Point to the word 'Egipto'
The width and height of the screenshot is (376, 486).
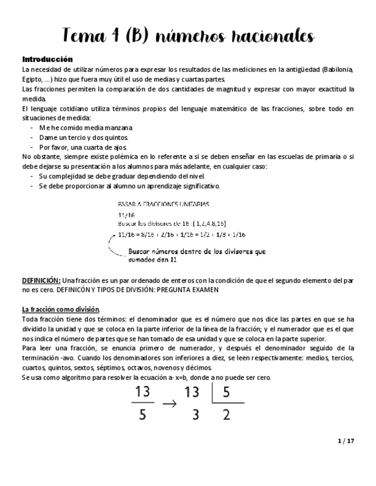[x=32, y=79]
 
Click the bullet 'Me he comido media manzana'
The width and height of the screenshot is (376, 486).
[x=86, y=127]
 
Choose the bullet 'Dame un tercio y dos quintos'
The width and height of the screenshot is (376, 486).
[x=84, y=137]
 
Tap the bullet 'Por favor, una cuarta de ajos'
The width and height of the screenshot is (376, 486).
[x=83, y=147]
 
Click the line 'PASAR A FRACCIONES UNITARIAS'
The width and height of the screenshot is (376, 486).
[x=163, y=205]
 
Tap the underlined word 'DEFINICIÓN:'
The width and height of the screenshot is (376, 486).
[x=41, y=280]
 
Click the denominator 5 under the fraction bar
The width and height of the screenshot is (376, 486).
[x=142, y=415]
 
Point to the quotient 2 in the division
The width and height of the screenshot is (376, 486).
[x=226, y=415]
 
